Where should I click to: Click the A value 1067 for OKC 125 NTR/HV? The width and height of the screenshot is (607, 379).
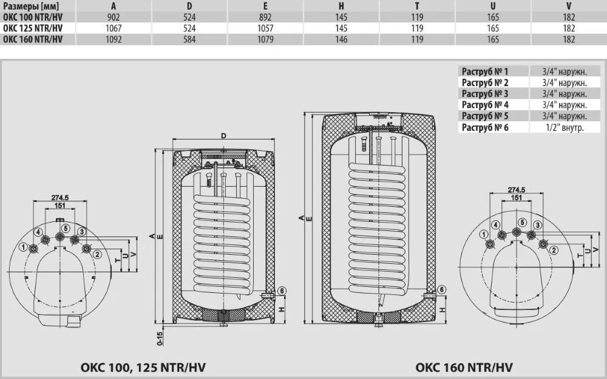114,29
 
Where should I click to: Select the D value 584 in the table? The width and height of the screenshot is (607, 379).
189,39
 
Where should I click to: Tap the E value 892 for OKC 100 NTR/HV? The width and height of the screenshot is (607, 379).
265,18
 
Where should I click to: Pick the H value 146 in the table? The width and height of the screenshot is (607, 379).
341,39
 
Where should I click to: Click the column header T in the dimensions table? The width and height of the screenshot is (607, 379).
417,6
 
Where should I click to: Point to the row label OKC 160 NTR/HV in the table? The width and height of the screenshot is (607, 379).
33,39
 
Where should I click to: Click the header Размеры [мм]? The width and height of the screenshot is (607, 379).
31,6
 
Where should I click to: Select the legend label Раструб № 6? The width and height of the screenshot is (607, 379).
485,127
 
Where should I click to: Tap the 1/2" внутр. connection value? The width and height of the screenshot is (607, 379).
565,127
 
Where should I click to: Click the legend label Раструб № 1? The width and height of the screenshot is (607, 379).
485,71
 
